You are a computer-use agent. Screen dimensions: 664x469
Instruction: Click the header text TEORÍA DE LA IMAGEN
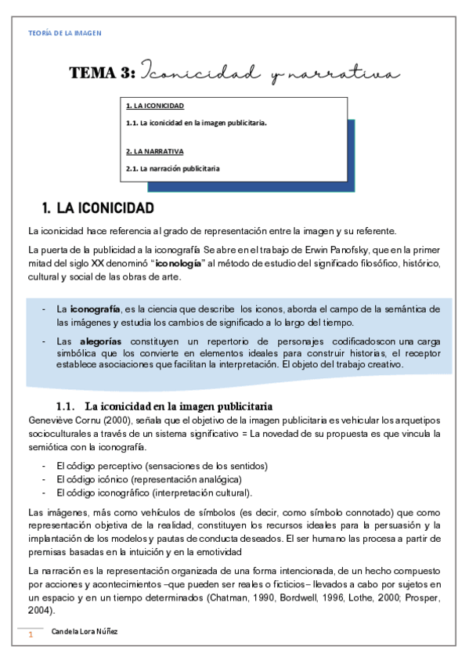[64, 33]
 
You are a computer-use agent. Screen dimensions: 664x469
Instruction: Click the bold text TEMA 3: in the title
[102, 73]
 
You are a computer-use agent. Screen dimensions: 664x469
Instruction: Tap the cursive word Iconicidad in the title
[201, 73]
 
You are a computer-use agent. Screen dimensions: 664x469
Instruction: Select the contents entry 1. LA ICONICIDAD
[155, 106]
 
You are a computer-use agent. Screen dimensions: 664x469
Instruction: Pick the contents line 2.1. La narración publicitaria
[172, 168]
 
